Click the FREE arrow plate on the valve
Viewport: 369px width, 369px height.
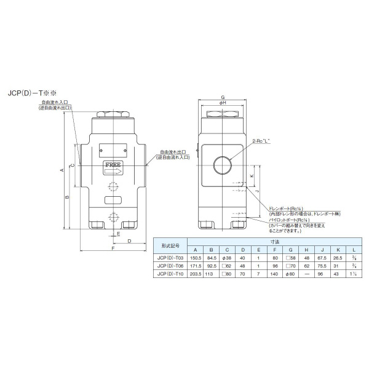(113, 166)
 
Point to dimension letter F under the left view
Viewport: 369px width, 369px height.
(113, 250)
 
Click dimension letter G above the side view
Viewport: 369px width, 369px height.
(223, 98)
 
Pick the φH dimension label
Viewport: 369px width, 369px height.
(223, 104)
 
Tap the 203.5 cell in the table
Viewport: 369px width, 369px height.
(196, 274)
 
